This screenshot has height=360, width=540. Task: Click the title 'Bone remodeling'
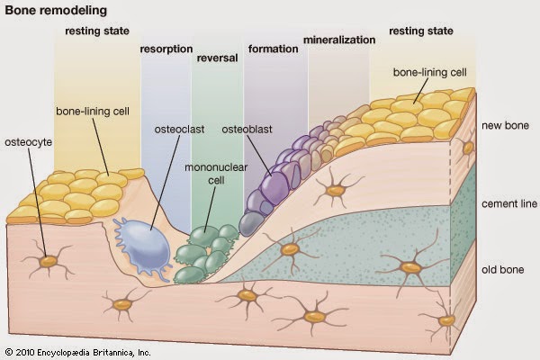point(56,10)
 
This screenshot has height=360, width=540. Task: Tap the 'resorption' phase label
point(166,49)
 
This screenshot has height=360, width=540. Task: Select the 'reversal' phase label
point(217,58)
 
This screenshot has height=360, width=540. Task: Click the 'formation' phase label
point(273,49)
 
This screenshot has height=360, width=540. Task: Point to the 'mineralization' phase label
point(339,40)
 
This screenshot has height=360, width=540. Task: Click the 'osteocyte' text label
point(28,142)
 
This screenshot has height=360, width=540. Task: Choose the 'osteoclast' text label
point(179,130)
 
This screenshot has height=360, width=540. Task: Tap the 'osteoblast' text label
point(247,130)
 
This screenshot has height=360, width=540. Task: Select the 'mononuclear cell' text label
point(216,174)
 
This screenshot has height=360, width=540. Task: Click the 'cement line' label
point(509,203)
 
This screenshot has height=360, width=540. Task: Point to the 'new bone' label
point(505,125)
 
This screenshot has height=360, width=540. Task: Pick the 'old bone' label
point(503,269)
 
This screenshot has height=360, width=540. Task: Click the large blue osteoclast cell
point(143,247)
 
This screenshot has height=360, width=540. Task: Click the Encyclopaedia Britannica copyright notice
point(77,353)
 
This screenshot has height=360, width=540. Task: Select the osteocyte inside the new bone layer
point(336,190)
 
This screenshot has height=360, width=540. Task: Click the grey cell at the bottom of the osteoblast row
point(252,224)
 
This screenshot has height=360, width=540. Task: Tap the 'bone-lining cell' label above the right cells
point(430,72)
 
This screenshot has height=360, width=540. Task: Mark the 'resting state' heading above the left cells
point(97,31)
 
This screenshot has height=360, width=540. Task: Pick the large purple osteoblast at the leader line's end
point(274,186)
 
